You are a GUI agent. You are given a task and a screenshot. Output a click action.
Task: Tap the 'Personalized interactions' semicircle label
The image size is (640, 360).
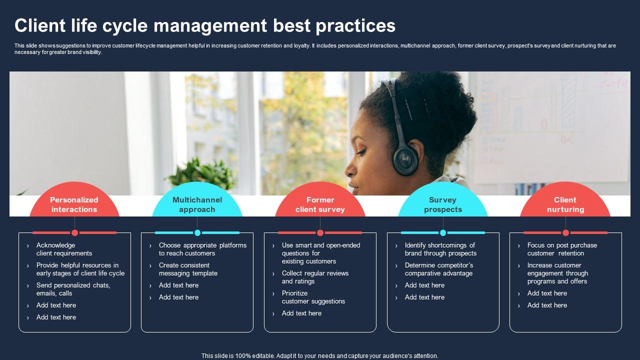(x=74, y=204)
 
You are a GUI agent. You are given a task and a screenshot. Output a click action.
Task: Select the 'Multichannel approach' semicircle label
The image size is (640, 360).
(x=197, y=204)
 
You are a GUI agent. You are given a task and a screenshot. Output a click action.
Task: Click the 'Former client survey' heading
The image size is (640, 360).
(x=320, y=204)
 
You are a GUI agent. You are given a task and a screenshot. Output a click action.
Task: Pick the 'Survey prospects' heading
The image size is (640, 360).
(x=443, y=204)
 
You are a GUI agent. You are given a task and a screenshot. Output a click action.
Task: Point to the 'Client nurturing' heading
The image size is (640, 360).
(x=565, y=204)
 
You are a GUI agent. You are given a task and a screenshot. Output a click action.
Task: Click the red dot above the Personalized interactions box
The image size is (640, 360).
(x=74, y=232)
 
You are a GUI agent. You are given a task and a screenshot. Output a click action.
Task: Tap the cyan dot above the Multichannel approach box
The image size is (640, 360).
(x=197, y=232)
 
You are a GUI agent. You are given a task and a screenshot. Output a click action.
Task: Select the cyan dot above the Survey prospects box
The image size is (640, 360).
(x=443, y=232)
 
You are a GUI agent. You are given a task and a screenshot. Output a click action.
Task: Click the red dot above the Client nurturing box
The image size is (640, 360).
(x=565, y=232)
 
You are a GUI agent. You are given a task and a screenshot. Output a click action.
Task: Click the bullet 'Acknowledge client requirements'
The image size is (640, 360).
(x=64, y=249)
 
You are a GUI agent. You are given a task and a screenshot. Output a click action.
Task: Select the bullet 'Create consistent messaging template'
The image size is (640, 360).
(x=188, y=269)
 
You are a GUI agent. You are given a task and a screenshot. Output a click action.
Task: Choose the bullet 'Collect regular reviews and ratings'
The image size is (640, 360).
(x=315, y=277)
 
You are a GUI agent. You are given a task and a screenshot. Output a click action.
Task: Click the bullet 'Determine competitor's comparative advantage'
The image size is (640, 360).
(x=438, y=269)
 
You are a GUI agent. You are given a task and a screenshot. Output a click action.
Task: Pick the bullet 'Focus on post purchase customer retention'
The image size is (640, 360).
(x=561, y=249)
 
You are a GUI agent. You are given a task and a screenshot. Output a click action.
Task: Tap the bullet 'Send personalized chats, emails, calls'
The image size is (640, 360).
(x=73, y=289)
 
